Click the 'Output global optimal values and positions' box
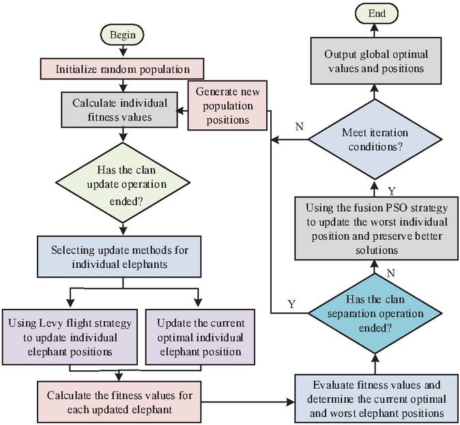374,61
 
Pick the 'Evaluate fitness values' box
375,399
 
